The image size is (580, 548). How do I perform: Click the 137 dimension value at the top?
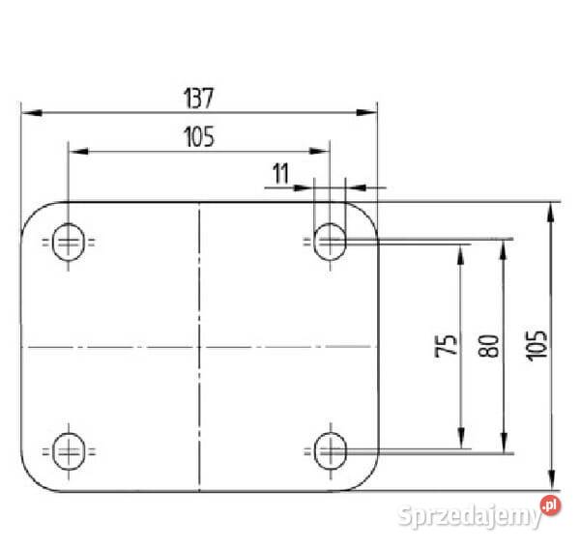[x=198, y=99]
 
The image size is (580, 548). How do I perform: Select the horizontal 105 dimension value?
[x=199, y=137]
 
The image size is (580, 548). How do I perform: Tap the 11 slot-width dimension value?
[x=280, y=174]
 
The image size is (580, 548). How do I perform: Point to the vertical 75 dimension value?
[x=446, y=346]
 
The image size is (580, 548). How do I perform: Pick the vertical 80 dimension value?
[x=488, y=346]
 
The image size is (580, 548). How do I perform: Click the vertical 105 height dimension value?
[x=536, y=346]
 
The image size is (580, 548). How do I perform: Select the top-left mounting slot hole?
[x=69, y=242]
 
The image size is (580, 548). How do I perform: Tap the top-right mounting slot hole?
[x=330, y=242]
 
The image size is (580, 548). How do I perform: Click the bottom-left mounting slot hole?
[x=69, y=451]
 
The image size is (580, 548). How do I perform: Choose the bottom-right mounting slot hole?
[x=331, y=451]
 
